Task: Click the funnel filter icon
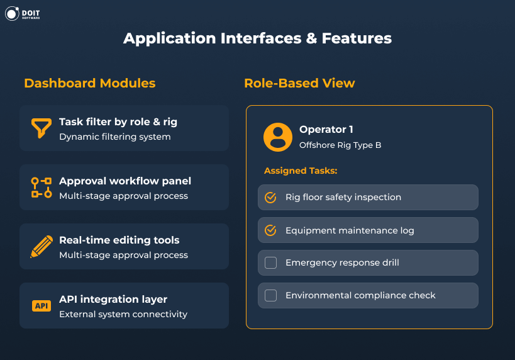[x=42, y=128]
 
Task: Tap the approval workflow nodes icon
[x=42, y=188]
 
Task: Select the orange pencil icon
[x=42, y=247]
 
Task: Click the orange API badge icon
[x=42, y=306]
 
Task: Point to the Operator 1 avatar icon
[x=277, y=137]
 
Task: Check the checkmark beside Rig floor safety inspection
[x=270, y=198]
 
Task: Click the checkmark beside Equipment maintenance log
[x=270, y=230]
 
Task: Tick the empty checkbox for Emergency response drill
[x=270, y=263]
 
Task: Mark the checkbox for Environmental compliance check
[x=270, y=295]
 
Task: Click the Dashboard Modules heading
[x=89, y=83]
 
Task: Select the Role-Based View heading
[x=299, y=83]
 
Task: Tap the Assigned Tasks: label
[x=301, y=171]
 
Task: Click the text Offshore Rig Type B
[x=340, y=145]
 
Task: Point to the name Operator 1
[x=326, y=130]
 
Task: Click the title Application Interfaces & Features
[x=257, y=38]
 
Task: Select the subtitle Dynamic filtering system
[x=115, y=137]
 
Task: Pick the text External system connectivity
[x=123, y=314]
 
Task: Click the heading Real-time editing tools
[x=119, y=240]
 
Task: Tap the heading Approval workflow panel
[x=125, y=181]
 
